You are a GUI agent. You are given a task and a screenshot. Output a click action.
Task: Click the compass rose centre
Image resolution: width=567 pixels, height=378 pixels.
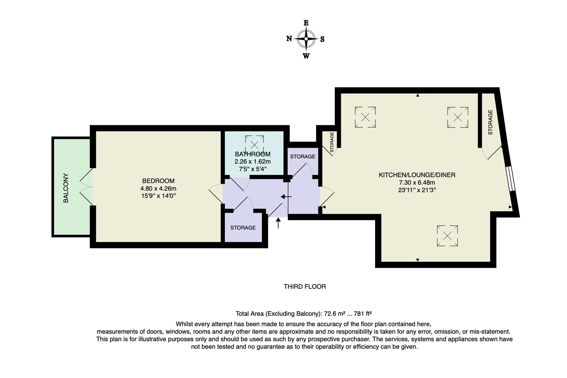point(306,39)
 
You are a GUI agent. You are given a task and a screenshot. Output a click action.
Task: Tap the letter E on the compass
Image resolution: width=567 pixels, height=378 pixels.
point(306,23)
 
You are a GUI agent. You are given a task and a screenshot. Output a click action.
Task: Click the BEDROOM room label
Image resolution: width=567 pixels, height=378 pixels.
point(158,181)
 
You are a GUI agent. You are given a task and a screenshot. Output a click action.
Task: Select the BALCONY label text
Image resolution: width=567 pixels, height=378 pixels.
point(66,188)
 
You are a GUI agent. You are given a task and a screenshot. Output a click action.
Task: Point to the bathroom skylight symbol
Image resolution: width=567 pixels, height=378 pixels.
point(254,145)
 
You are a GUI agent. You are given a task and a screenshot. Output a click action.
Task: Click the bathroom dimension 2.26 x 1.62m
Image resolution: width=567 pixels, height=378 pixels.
point(253,162)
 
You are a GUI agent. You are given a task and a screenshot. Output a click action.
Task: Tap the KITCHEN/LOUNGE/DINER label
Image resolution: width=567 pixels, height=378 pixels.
point(417,175)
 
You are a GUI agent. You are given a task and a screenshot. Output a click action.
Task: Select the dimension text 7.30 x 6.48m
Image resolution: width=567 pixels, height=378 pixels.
point(417,182)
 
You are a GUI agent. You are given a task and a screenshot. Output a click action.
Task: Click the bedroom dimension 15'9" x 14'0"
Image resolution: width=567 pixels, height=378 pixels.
point(158,196)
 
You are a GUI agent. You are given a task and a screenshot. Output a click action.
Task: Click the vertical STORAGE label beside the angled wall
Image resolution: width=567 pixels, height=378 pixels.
point(490,122)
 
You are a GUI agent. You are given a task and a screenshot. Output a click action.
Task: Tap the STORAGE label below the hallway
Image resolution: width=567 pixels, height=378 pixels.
point(243,228)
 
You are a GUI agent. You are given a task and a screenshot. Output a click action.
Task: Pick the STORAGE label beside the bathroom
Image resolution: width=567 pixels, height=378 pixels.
point(303,156)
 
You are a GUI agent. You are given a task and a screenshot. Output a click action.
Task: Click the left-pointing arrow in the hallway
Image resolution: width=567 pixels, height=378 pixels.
point(286,197)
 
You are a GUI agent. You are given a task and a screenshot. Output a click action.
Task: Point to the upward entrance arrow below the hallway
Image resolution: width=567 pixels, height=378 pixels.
point(279,223)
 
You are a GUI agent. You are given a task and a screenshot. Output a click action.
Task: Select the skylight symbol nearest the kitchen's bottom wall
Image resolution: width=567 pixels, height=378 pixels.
point(447,236)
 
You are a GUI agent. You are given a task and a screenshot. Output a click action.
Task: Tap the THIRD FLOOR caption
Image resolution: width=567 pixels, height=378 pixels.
point(305,287)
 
